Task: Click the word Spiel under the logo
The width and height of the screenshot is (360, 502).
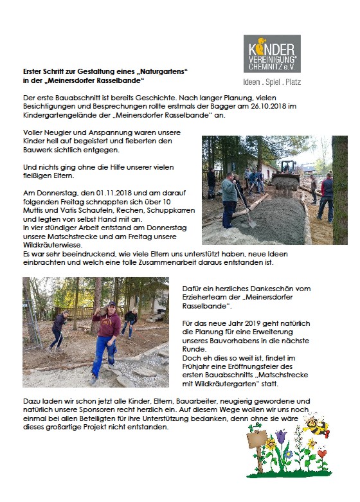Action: (273, 82)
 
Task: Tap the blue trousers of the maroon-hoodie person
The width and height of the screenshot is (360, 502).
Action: (103, 357)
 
